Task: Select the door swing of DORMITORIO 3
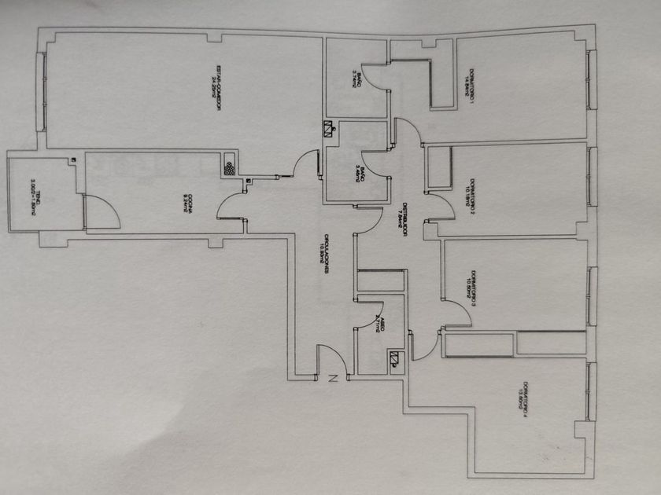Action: [459, 313]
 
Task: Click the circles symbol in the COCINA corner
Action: [229, 167]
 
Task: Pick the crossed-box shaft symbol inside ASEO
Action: [394, 361]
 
